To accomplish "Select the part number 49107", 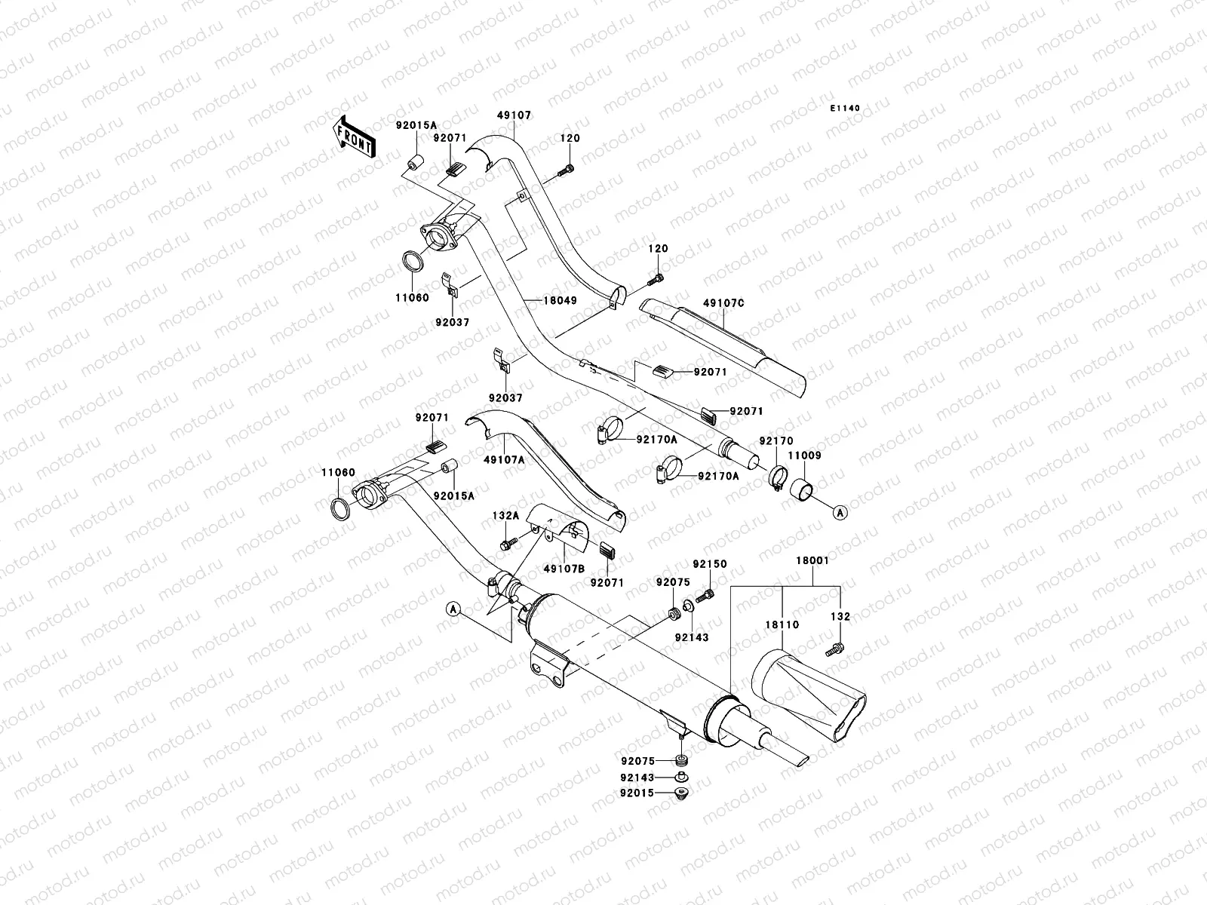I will [x=514, y=116].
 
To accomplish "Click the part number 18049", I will [x=560, y=300].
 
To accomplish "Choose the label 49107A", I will [x=504, y=459].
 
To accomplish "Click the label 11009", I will [x=806, y=456].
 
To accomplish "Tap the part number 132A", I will [x=506, y=516].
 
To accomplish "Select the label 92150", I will [x=710, y=563].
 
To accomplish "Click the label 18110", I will [x=782, y=625].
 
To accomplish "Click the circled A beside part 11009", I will [x=840, y=512].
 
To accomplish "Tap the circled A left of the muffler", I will [x=453, y=609].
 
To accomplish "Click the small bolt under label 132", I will [x=834, y=648].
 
